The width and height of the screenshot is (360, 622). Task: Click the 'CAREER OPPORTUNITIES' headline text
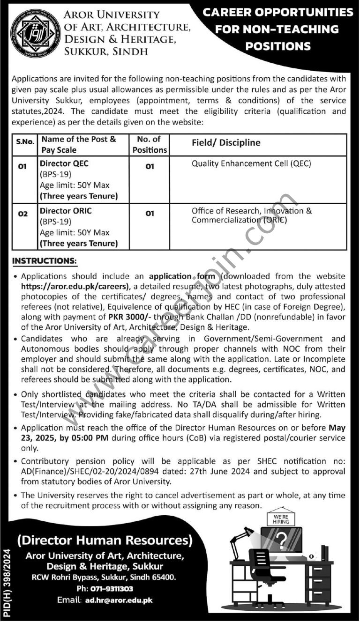(x=277, y=13)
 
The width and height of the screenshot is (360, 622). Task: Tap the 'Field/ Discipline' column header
(x=226, y=142)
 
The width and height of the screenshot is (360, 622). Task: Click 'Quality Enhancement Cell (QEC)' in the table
(x=251, y=163)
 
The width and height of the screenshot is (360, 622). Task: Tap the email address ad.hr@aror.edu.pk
(x=119, y=600)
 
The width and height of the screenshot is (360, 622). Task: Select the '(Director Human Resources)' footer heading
(x=105, y=541)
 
